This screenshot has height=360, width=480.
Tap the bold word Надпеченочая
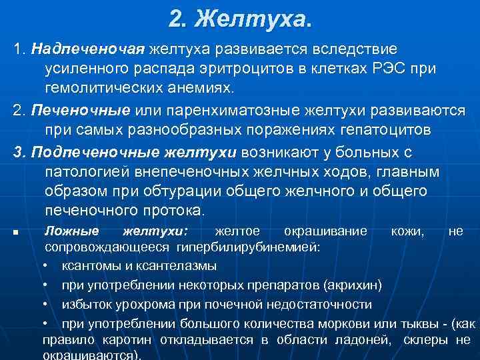click(87, 50)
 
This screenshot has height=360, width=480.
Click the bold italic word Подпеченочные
click(83, 153)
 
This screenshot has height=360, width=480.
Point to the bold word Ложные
click(71, 231)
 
